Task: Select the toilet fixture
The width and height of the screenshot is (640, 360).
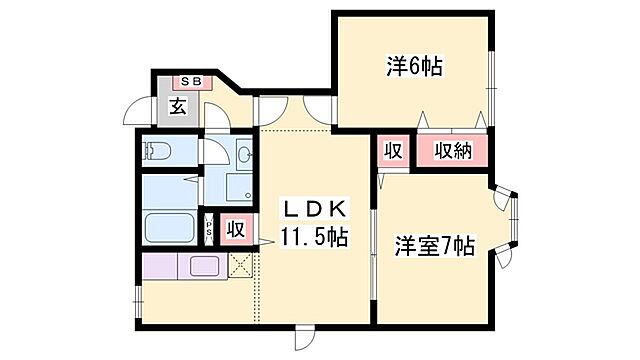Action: [x=158, y=152]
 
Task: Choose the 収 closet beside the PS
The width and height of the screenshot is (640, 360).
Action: [x=234, y=227]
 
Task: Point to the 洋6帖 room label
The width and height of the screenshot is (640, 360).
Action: [x=412, y=68]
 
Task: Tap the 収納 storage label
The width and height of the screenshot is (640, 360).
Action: [x=453, y=152]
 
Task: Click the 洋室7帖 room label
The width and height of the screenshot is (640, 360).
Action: [x=433, y=245]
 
